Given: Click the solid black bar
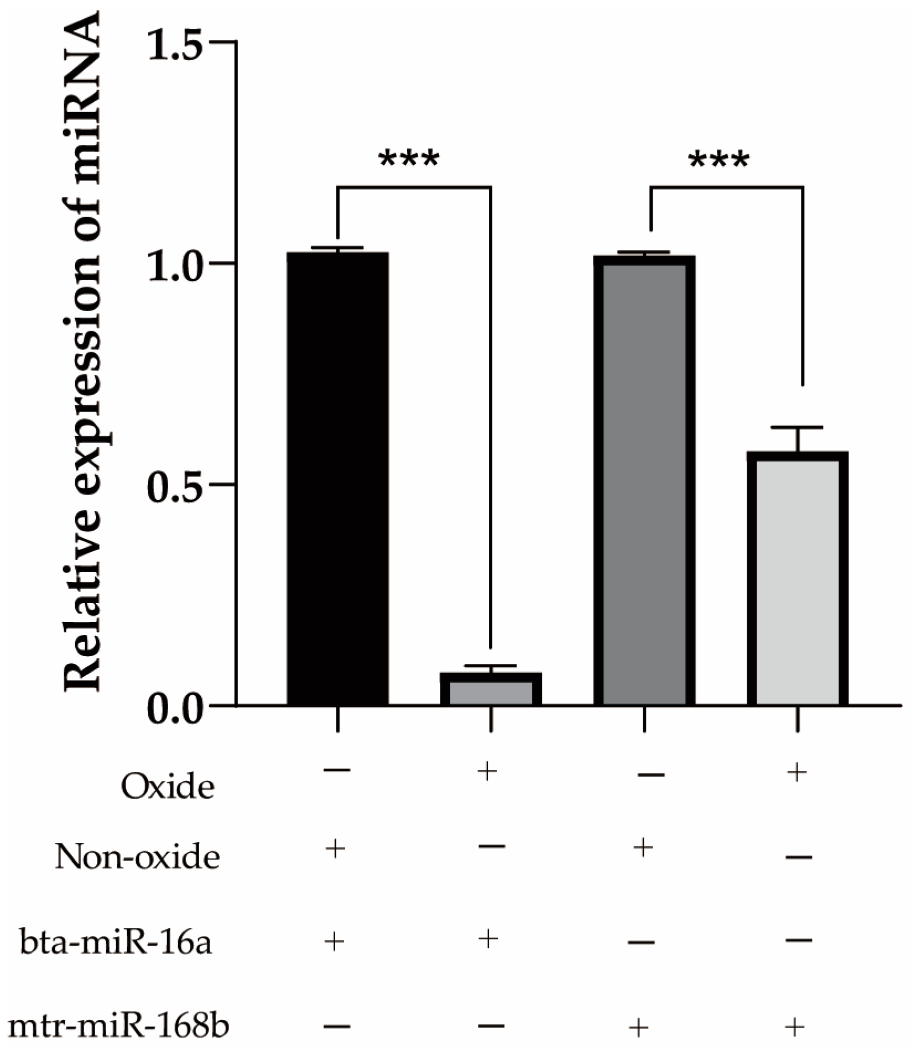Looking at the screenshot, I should click(337, 478).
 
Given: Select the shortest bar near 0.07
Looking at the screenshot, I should click(491, 689).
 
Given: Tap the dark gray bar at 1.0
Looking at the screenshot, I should click(644, 481).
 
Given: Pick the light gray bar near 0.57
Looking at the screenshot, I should click(797, 579).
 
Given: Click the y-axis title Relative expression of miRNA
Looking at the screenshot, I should click(83, 354).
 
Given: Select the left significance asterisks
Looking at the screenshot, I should click(409, 160).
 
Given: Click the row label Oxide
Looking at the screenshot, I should click(168, 786).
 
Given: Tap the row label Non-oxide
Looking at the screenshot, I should click(137, 857).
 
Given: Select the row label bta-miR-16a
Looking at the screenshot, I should click(116, 942).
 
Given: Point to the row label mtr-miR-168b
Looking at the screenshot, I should click(119, 1026).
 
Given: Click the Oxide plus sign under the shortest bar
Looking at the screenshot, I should click(487, 771).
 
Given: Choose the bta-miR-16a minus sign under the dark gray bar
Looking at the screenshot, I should click(642, 942).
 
